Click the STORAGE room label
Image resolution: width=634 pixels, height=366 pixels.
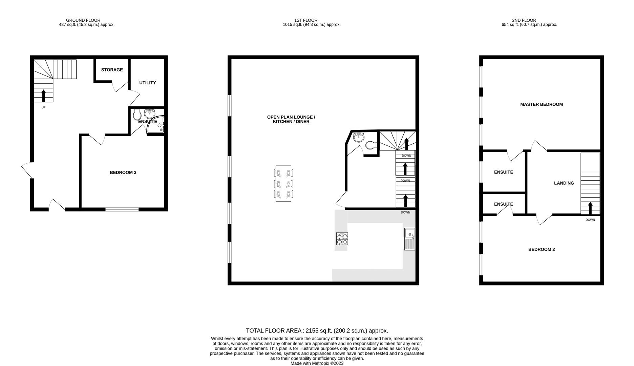[112, 70]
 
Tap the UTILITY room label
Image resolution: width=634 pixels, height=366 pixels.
[147, 83]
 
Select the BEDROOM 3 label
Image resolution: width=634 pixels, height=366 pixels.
[123, 172]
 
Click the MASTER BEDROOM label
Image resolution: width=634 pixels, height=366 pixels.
[541, 104]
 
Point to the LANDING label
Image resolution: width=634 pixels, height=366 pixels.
[564, 183]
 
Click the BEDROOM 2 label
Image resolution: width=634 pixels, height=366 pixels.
[541, 249]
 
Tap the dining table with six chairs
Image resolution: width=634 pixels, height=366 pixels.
[283, 184]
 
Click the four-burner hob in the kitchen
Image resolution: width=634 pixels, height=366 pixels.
[342, 239]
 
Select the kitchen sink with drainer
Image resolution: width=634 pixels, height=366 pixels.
[409, 239]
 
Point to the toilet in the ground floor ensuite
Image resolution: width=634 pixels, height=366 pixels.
[137, 115]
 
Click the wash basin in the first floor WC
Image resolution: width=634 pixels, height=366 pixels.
[358, 137]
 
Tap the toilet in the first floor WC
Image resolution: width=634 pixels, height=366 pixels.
[371, 145]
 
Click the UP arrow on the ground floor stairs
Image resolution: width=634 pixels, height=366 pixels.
[43, 96]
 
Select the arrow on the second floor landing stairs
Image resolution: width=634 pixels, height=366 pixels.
[590, 208]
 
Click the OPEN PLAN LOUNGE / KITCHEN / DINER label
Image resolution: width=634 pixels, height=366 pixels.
[291, 119]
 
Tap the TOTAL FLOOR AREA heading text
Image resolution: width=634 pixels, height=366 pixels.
[317, 331]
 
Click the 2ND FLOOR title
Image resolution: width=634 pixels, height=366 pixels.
[524, 20]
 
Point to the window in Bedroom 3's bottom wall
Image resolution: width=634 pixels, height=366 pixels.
[122, 209]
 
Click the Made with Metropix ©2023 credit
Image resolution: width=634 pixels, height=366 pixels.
[317, 363]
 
